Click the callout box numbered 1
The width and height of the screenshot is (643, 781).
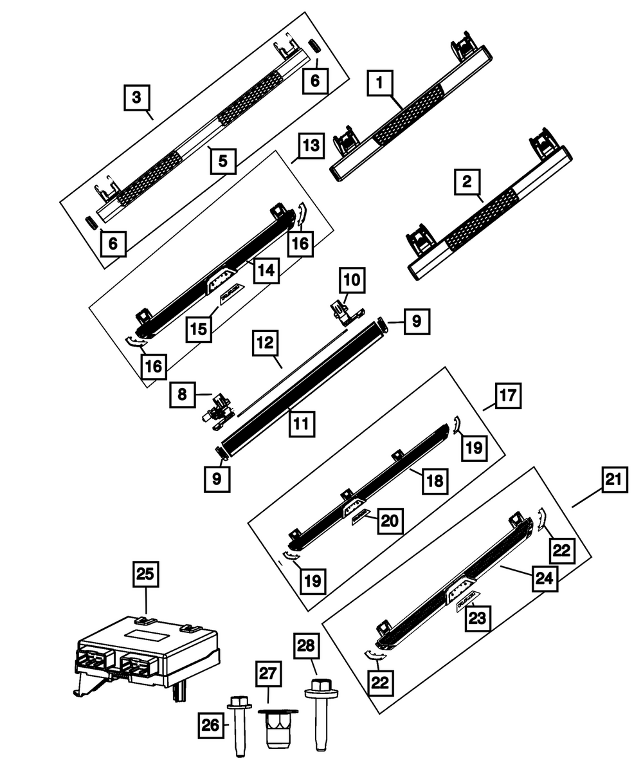tap(380, 83)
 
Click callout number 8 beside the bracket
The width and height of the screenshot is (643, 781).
tap(183, 394)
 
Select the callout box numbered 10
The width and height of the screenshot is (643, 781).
tap(352, 280)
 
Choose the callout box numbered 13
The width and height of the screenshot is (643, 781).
tap(309, 145)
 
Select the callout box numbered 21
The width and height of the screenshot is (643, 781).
tap(614, 479)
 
